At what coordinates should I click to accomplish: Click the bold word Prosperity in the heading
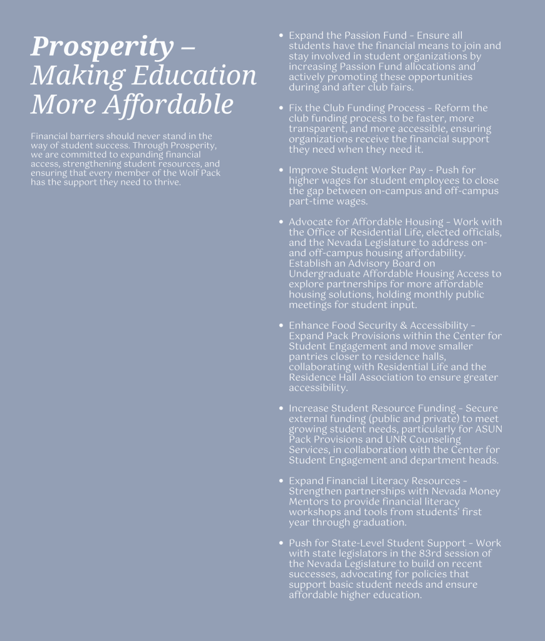coord(102,47)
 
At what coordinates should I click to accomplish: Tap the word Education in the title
coord(194,76)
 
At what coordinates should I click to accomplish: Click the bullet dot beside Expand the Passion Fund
coord(281,36)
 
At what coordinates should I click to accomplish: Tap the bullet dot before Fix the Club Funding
coord(281,108)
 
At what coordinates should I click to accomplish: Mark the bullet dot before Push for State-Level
coord(281,543)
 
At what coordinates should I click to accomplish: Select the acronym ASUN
coord(489,429)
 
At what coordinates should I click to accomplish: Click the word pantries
coord(309,356)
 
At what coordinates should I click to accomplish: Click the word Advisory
coord(365,264)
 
